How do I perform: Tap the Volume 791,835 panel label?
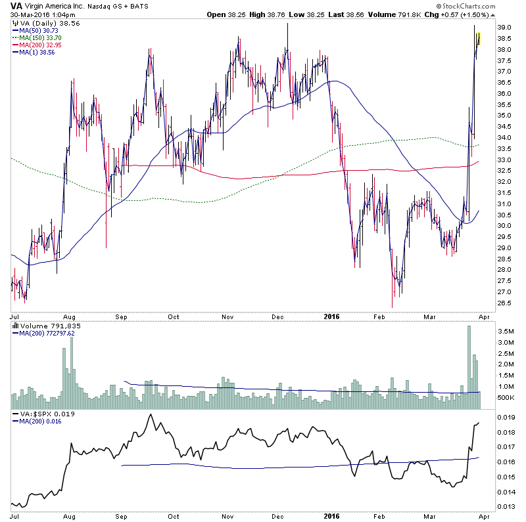[x=43, y=325]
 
